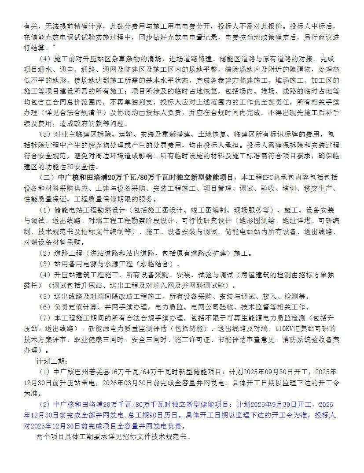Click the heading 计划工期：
[51, 361]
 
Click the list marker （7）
[45, 318]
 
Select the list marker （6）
[45, 307]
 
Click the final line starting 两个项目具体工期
[114, 437]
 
